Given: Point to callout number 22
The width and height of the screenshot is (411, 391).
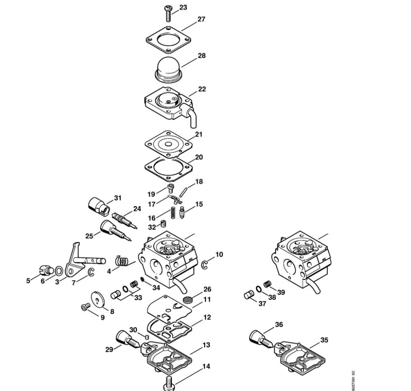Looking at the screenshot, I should (x=202, y=89).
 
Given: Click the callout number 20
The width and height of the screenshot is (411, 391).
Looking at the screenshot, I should (x=199, y=157).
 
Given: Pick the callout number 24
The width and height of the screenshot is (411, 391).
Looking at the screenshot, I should (x=137, y=209).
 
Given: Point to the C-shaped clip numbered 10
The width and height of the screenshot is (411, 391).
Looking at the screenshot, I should (x=204, y=265).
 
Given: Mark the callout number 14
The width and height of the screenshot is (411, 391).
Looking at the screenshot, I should (x=206, y=366).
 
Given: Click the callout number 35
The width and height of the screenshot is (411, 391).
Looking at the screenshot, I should (x=325, y=341).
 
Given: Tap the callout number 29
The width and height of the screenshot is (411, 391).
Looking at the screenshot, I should (x=109, y=349).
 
